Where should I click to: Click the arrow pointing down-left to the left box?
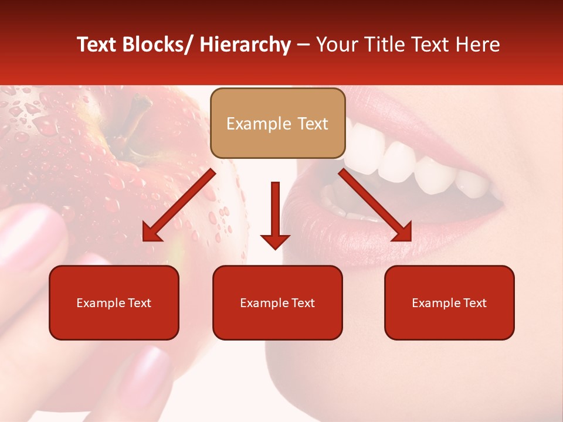click(179, 206)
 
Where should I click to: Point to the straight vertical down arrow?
click(275, 214)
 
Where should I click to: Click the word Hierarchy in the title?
click(245, 45)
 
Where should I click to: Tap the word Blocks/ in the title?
click(157, 45)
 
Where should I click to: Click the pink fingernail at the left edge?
click(26, 234)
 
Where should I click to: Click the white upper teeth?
click(411, 158)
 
